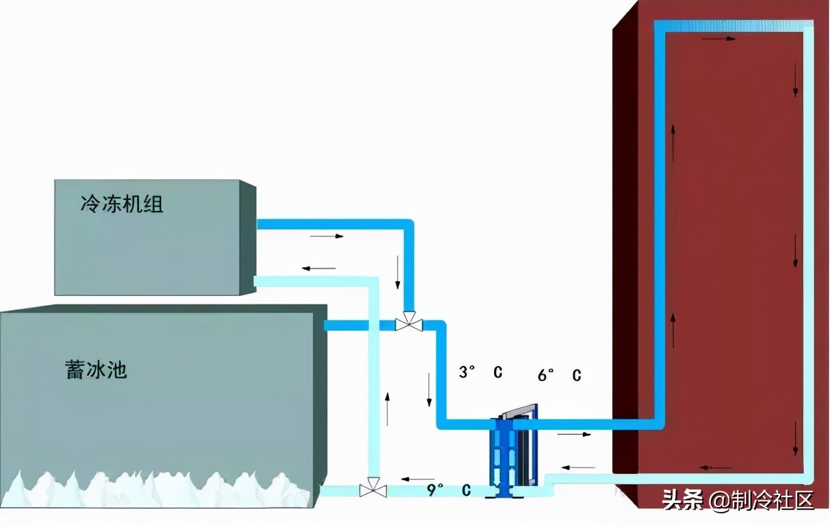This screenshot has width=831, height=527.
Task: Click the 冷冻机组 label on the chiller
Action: coord(121,205)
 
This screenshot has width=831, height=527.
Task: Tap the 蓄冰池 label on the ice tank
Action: coord(95,370)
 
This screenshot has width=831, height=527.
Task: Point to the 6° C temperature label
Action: coord(559,375)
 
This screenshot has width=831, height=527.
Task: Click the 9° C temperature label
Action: coord(448,489)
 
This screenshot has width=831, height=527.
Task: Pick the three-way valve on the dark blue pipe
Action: coord(409,323)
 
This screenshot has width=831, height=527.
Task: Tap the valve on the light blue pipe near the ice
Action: coord(373,488)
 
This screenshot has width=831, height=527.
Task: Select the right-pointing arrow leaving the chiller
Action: coord(327,236)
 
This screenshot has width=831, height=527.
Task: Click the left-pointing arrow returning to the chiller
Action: coord(319,267)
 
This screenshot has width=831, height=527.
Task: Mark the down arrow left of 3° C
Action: coord(429,389)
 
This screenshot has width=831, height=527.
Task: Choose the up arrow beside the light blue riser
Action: coord(388,408)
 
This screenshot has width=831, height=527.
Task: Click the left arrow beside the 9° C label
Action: coord(417,479)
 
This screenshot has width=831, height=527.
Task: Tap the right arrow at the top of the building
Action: coord(721,39)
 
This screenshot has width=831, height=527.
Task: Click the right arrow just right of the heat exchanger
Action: coord(575,434)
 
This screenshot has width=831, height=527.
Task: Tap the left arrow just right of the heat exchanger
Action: coord(578,467)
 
